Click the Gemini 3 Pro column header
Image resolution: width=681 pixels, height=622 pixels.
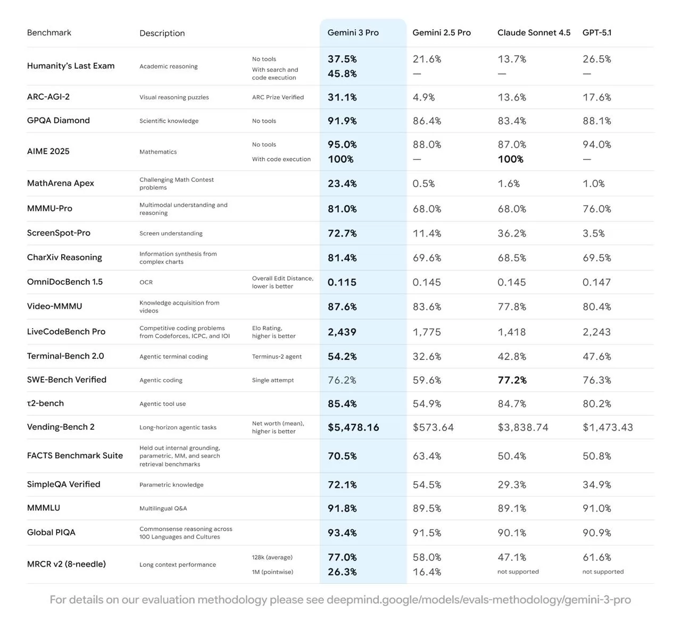click(353, 32)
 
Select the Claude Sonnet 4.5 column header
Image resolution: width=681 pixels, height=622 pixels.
click(534, 32)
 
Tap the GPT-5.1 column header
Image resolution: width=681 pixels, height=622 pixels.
click(597, 32)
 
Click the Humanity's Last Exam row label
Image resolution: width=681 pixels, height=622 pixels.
click(71, 66)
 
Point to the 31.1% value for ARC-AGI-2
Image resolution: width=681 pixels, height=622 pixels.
click(342, 97)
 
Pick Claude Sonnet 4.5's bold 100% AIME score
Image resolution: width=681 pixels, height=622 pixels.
click(510, 159)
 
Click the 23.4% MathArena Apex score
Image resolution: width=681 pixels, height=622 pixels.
click(342, 183)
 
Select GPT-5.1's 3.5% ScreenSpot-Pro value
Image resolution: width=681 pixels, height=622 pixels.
click(593, 233)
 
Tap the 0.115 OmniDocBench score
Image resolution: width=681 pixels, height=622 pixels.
click(342, 282)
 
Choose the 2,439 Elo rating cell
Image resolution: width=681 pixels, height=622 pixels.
click(342, 332)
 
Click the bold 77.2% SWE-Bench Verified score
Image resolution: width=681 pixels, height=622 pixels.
click(512, 380)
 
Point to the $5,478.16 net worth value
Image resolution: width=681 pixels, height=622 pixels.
click(353, 427)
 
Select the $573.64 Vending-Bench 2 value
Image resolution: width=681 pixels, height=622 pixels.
click(433, 427)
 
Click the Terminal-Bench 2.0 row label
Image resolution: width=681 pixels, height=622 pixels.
click(65, 356)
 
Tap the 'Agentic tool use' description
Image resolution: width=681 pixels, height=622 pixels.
click(162, 404)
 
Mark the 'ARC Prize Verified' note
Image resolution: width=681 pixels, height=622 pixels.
click(278, 97)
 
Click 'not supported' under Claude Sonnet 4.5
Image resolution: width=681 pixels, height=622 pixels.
click(518, 571)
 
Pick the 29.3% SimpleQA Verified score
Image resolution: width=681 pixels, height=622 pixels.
click(512, 485)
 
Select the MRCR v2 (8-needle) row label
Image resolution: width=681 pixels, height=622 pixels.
click(67, 564)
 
